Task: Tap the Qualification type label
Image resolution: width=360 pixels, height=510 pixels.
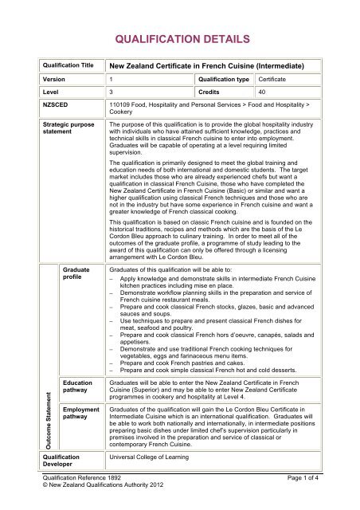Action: [x=228, y=85]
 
